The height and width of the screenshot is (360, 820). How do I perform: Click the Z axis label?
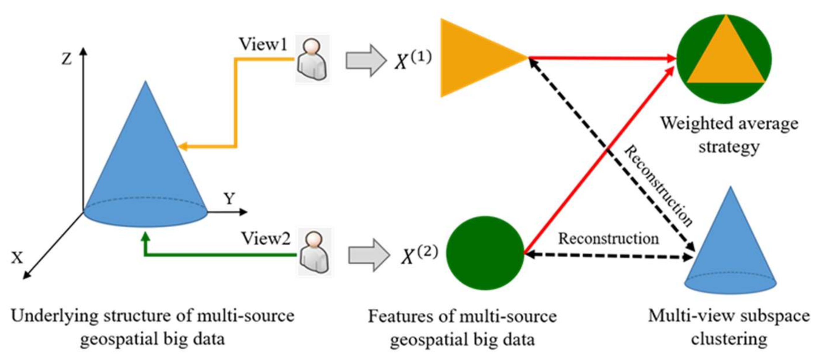coord(66,59)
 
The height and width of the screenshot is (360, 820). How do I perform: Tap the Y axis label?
coord(229,199)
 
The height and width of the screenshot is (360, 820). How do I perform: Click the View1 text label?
coord(263,44)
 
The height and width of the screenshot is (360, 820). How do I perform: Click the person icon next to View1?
coord(312,59)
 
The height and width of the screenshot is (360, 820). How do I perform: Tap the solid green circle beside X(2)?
coord(485,253)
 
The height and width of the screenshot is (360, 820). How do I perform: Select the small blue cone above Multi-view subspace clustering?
coord(730,251)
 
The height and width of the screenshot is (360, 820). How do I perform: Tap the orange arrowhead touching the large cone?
coord(183,147)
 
